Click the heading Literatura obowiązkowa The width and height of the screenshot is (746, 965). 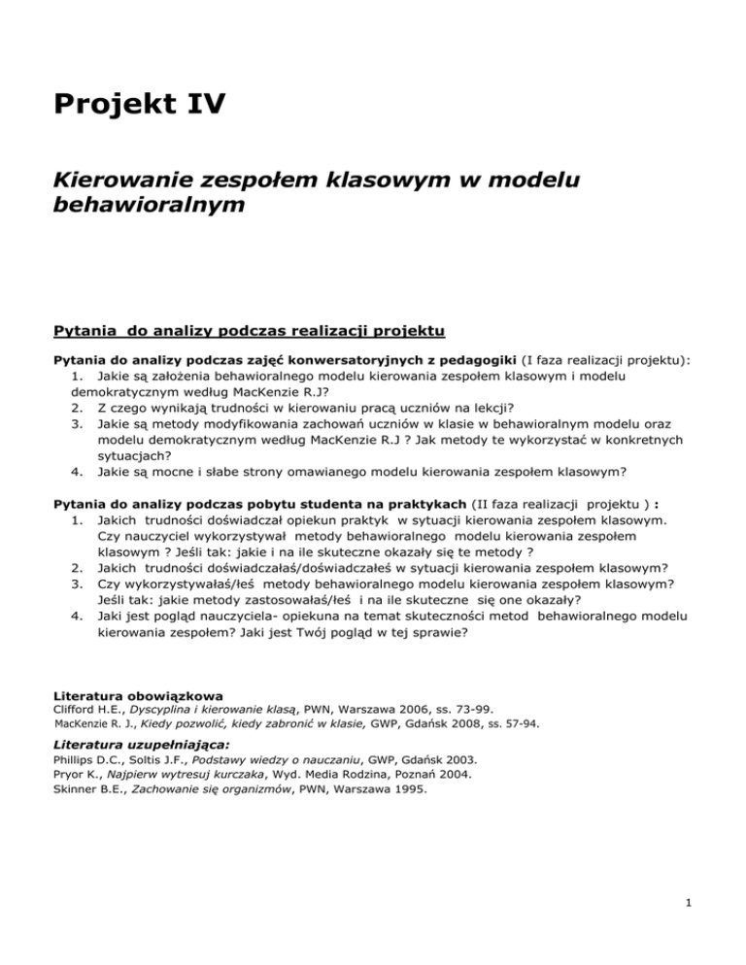[x=137, y=695]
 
